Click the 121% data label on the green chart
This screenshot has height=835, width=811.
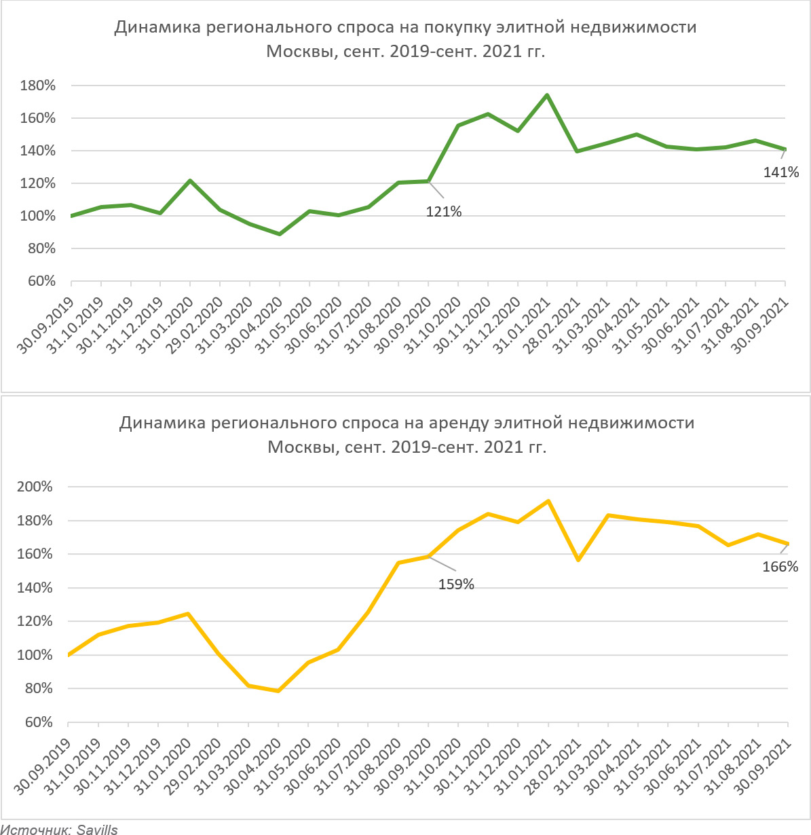pos(443,212)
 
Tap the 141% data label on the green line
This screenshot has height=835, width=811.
pos(781,172)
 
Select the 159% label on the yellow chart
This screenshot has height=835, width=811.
pos(456,584)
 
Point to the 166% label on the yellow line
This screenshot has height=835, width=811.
pos(780,566)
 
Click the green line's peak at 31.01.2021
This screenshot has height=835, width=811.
pos(547,95)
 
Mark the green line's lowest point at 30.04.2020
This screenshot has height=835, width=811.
pos(279,234)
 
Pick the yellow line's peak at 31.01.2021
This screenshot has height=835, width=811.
pos(548,501)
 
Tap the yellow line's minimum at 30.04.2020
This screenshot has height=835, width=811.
pos(278,691)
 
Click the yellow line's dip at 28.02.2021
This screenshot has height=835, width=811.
pos(578,560)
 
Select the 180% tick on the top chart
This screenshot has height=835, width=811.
pos(38,86)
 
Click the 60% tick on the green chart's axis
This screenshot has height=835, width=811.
pos(41,282)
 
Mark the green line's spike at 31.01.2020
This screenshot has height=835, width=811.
pos(189,181)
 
